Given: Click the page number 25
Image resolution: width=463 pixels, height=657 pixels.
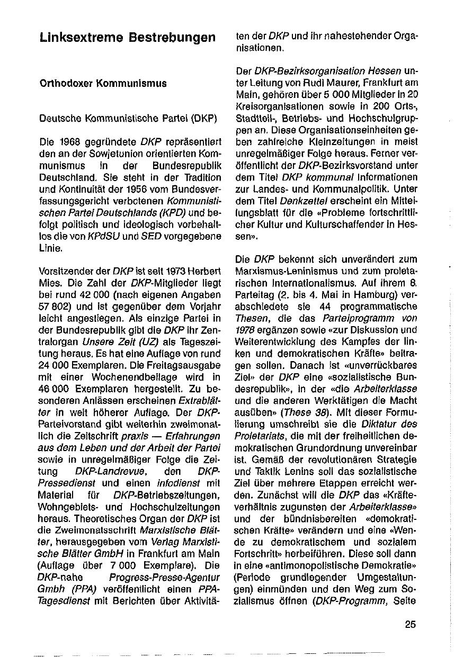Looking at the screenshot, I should tap(411, 624).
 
